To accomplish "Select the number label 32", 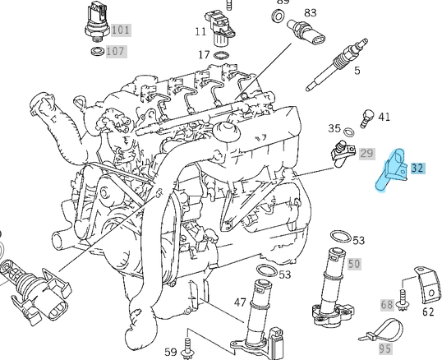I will pyautogui.click(x=417, y=168).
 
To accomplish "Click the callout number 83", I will pyautogui.click(x=311, y=13).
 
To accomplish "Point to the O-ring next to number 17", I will pyautogui.click(x=221, y=56).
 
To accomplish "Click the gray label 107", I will pyautogui.click(x=116, y=51).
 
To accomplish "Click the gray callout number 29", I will pyautogui.click(x=366, y=154).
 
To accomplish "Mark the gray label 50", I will pyautogui.click(x=354, y=264).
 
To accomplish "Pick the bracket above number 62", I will pyautogui.click(x=422, y=281).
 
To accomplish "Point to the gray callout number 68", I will pyautogui.click(x=387, y=305).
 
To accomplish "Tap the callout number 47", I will pyautogui.click(x=240, y=302).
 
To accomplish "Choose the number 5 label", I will pyautogui.click(x=357, y=71).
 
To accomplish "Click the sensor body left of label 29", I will pyautogui.click(x=340, y=153).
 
